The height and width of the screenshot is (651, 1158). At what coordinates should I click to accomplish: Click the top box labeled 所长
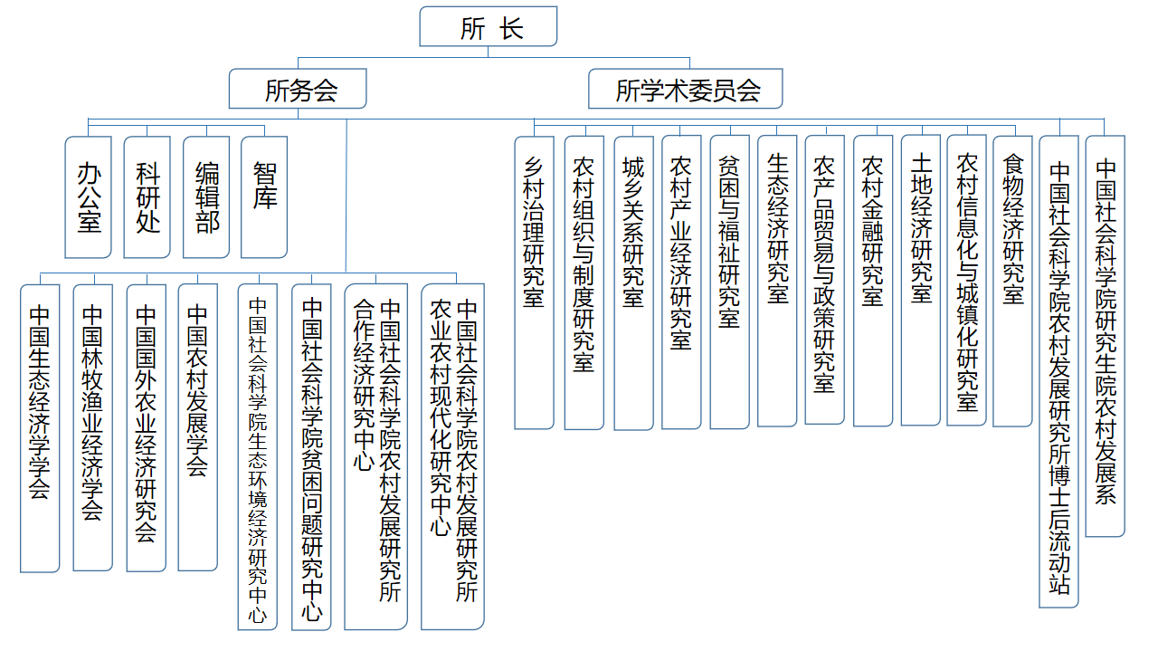click(488, 26)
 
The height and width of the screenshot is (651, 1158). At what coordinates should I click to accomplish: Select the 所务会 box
click(298, 89)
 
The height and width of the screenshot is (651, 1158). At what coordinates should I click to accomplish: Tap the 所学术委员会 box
click(686, 89)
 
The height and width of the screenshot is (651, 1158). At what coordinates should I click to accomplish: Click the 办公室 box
click(89, 197)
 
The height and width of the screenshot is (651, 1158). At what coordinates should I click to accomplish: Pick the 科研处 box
click(147, 197)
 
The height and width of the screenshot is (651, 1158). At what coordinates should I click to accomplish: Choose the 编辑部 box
click(206, 197)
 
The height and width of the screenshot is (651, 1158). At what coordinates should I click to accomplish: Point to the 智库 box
click(264, 197)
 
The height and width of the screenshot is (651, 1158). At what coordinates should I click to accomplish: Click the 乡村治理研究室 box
click(534, 282)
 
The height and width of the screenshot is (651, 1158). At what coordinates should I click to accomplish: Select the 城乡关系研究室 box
click(634, 282)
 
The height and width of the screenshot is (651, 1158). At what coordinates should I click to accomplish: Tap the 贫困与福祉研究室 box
click(730, 282)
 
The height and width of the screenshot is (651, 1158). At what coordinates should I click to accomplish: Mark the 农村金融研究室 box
click(873, 281)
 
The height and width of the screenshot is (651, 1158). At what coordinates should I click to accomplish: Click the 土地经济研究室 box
click(921, 280)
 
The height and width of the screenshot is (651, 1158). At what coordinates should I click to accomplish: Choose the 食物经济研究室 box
click(1012, 281)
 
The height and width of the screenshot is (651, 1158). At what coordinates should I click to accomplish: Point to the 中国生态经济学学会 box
click(40, 428)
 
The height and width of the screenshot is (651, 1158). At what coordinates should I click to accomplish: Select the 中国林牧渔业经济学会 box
click(93, 427)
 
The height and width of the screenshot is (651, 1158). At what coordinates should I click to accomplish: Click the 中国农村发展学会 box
click(198, 427)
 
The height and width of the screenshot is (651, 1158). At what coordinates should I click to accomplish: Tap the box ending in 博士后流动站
click(1058, 371)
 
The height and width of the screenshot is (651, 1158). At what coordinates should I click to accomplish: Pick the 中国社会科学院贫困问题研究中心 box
click(312, 457)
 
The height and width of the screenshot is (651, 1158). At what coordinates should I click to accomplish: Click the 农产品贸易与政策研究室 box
click(825, 280)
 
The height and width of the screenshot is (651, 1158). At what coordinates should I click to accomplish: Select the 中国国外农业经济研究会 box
click(147, 428)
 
